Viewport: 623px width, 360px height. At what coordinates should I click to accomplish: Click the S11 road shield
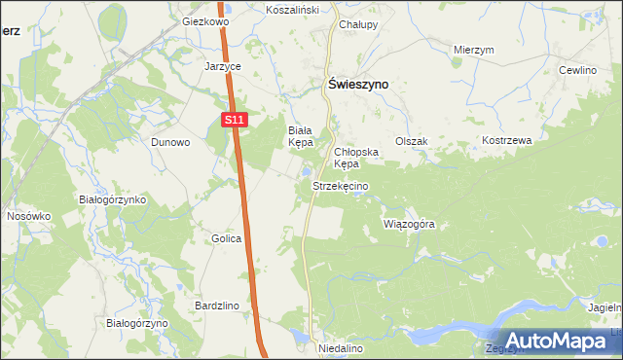[x=232, y=120]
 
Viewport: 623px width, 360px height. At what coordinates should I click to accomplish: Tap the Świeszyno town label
[x=355, y=85]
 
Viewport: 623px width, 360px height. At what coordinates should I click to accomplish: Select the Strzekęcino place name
[x=340, y=185]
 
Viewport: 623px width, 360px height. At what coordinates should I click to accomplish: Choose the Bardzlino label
[x=217, y=306]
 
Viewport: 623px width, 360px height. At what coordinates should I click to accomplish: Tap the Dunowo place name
[x=170, y=141]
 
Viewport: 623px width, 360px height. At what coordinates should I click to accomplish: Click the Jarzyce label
[x=223, y=67]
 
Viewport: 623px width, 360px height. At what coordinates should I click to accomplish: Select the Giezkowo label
[x=204, y=20]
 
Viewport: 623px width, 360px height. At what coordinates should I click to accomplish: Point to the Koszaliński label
[x=294, y=9]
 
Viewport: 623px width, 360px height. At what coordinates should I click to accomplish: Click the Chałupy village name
[x=358, y=24]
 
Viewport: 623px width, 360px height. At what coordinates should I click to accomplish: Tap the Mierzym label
[x=475, y=49]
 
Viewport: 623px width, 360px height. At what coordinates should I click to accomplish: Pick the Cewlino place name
[x=576, y=71]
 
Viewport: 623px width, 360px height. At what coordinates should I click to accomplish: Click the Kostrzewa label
[x=507, y=140]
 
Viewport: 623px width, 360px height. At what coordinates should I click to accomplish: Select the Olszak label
[x=411, y=141]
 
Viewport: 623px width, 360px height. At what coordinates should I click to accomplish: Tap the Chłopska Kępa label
[x=354, y=158]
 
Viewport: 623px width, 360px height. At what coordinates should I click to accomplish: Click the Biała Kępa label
[x=303, y=136]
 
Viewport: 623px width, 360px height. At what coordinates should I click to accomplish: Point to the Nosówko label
[x=27, y=216]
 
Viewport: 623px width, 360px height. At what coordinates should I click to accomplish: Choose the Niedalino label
[x=341, y=347]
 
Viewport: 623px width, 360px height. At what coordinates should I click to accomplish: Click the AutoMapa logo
[x=554, y=341]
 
